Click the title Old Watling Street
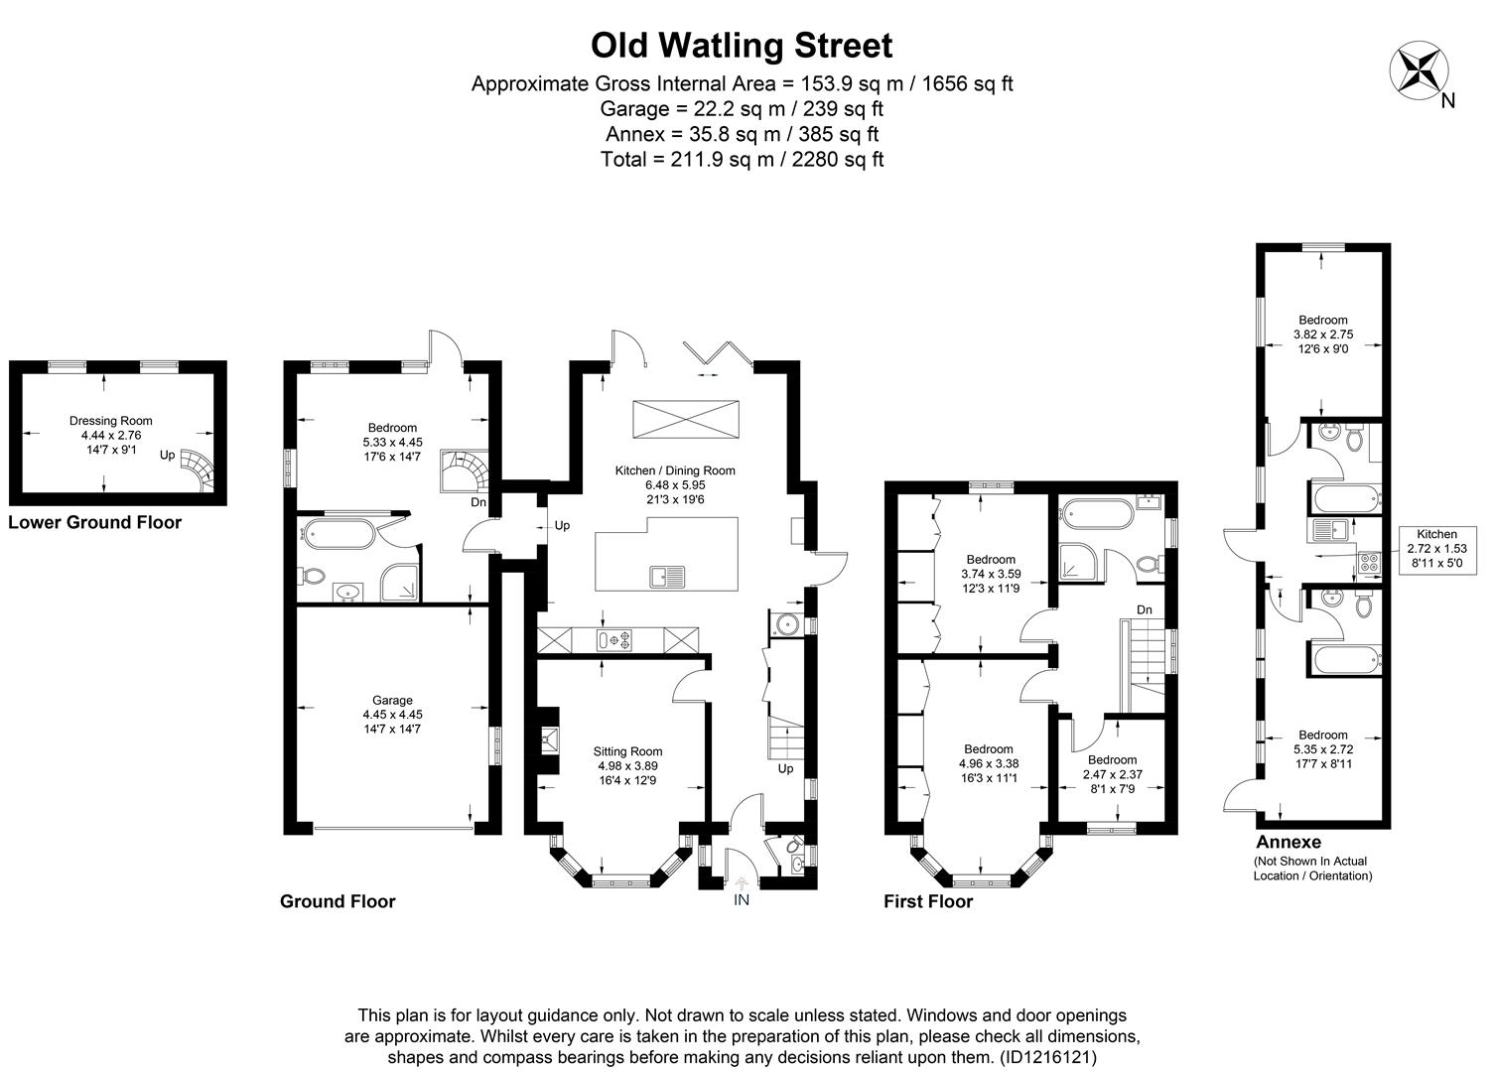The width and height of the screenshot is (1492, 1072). coord(742,46)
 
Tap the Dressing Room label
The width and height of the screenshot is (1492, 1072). coord(111,435)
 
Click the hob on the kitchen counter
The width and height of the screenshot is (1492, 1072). coord(613,641)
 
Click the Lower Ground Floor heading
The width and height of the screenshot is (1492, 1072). coord(94,523)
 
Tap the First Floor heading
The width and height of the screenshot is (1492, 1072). coord(928,901)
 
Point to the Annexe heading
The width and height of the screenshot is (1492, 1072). coord(1289,842)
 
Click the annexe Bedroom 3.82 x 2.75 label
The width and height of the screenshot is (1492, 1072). coord(1323,335)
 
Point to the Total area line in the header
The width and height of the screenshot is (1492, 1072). coord(742,159)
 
